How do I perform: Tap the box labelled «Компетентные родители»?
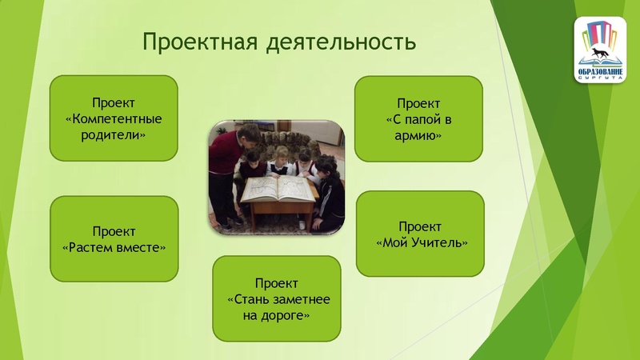click(114, 118)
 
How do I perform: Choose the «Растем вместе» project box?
click(114, 238)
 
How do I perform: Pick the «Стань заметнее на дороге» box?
click(277, 298)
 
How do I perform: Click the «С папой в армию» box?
click(418, 118)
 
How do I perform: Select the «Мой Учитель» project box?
click(420, 233)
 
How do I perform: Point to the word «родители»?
click(114, 134)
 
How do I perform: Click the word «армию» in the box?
click(419, 135)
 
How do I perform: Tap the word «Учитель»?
click(436, 242)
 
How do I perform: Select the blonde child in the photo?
click(281, 160)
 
